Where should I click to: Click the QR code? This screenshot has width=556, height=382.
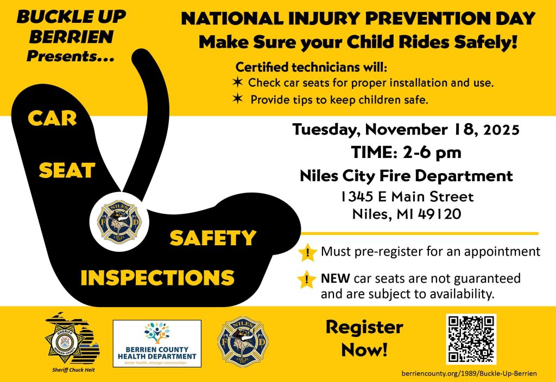(471, 339)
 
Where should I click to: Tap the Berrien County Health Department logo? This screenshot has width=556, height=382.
(157, 342)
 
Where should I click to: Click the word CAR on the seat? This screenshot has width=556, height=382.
(52, 118)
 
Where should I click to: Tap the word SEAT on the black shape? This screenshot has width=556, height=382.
(67, 170)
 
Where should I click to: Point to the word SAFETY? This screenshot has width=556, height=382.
(212, 238)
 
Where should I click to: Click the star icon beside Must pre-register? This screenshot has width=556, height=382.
(308, 253)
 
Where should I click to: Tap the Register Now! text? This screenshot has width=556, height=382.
(364, 339)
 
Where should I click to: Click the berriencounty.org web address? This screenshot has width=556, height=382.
(473, 374)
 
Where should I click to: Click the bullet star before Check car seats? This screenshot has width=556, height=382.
(237, 83)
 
